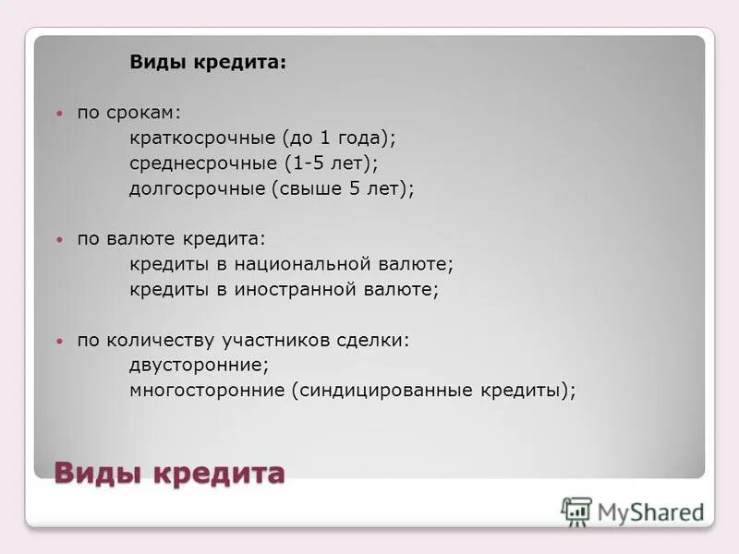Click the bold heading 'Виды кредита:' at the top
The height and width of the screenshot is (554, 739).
(208, 62)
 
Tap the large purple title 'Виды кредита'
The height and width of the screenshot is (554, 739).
(169, 473)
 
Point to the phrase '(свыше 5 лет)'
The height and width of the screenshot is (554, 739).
(341, 188)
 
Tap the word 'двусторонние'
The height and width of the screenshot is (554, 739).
(197, 365)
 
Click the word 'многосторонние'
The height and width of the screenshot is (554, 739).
(208, 390)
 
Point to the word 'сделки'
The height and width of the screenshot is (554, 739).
(377, 340)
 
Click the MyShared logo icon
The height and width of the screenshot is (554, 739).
(577, 511)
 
